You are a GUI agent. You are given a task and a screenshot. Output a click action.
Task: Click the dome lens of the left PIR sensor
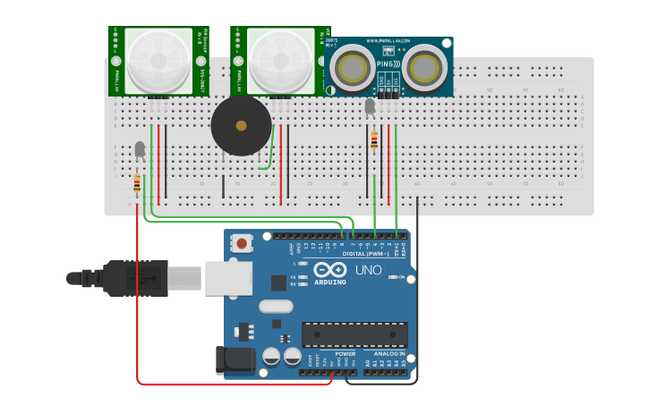(x=159, y=60)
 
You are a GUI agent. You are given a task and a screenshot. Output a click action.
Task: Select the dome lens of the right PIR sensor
(x=281, y=60)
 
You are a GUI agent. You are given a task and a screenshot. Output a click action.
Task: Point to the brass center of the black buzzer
(x=241, y=126)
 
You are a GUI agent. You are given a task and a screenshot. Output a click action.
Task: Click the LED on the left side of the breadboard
(x=139, y=149)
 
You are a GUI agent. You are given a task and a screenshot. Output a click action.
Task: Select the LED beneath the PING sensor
(x=370, y=106)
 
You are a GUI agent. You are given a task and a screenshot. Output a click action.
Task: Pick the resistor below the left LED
(x=137, y=184)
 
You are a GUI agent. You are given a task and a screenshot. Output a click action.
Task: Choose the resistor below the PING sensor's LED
(x=374, y=139)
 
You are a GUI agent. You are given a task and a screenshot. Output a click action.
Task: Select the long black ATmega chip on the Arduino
(x=354, y=335)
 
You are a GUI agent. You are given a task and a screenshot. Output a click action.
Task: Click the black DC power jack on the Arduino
(x=228, y=359)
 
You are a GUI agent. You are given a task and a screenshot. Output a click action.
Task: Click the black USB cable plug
(x=134, y=278)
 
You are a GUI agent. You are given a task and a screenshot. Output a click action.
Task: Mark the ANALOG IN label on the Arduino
(x=390, y=353)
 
